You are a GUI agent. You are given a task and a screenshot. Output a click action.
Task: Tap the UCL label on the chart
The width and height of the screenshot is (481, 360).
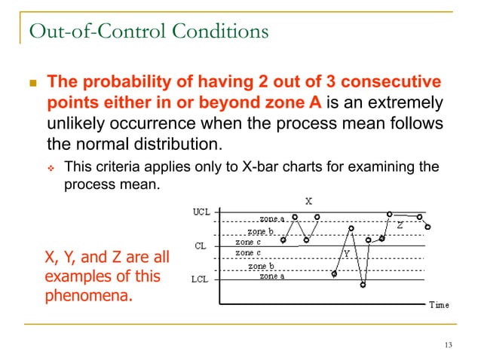coord(200,212)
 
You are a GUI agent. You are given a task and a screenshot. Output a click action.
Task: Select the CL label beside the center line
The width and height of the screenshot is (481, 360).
coord(201,246)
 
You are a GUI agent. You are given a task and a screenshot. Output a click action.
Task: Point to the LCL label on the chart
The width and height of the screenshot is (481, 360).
coord(200,279)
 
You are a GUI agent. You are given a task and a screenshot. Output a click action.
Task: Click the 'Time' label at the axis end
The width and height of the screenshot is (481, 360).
coord(439,305)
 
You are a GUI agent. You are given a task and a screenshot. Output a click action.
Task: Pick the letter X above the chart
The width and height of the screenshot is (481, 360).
coord(308,201)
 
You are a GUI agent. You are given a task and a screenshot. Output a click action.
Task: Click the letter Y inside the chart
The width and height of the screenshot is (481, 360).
coord(347,254)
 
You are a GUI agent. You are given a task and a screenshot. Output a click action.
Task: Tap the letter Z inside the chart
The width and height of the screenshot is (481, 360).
coord(400,224)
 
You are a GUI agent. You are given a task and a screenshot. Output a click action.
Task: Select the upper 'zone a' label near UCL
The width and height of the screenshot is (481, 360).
coord(273,218)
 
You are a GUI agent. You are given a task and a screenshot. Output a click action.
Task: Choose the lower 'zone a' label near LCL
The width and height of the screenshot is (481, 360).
coord(273,276)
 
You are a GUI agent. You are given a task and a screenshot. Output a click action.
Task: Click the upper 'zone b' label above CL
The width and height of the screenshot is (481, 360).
coord(261,232)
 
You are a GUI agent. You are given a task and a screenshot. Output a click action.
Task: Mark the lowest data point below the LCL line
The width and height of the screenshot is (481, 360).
coord(363,285)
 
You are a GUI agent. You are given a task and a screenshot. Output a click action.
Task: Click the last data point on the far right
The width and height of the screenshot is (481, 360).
coord(427,227)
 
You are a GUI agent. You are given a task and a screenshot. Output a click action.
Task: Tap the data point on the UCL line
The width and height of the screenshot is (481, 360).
coord(389,214)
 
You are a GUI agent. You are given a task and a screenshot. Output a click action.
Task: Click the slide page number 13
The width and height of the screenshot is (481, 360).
coord(449,345)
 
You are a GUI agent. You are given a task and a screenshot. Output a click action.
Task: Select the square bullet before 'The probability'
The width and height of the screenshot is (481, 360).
coord(32,81)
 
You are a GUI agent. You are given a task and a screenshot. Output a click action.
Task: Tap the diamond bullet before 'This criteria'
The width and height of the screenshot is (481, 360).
coord(51,166)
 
